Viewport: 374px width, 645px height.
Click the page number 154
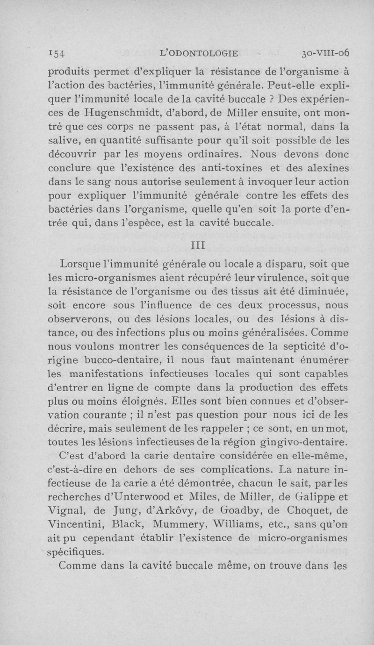58,53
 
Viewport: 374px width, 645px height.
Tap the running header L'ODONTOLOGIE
199,53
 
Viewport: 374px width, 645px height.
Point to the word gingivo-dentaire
306,442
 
